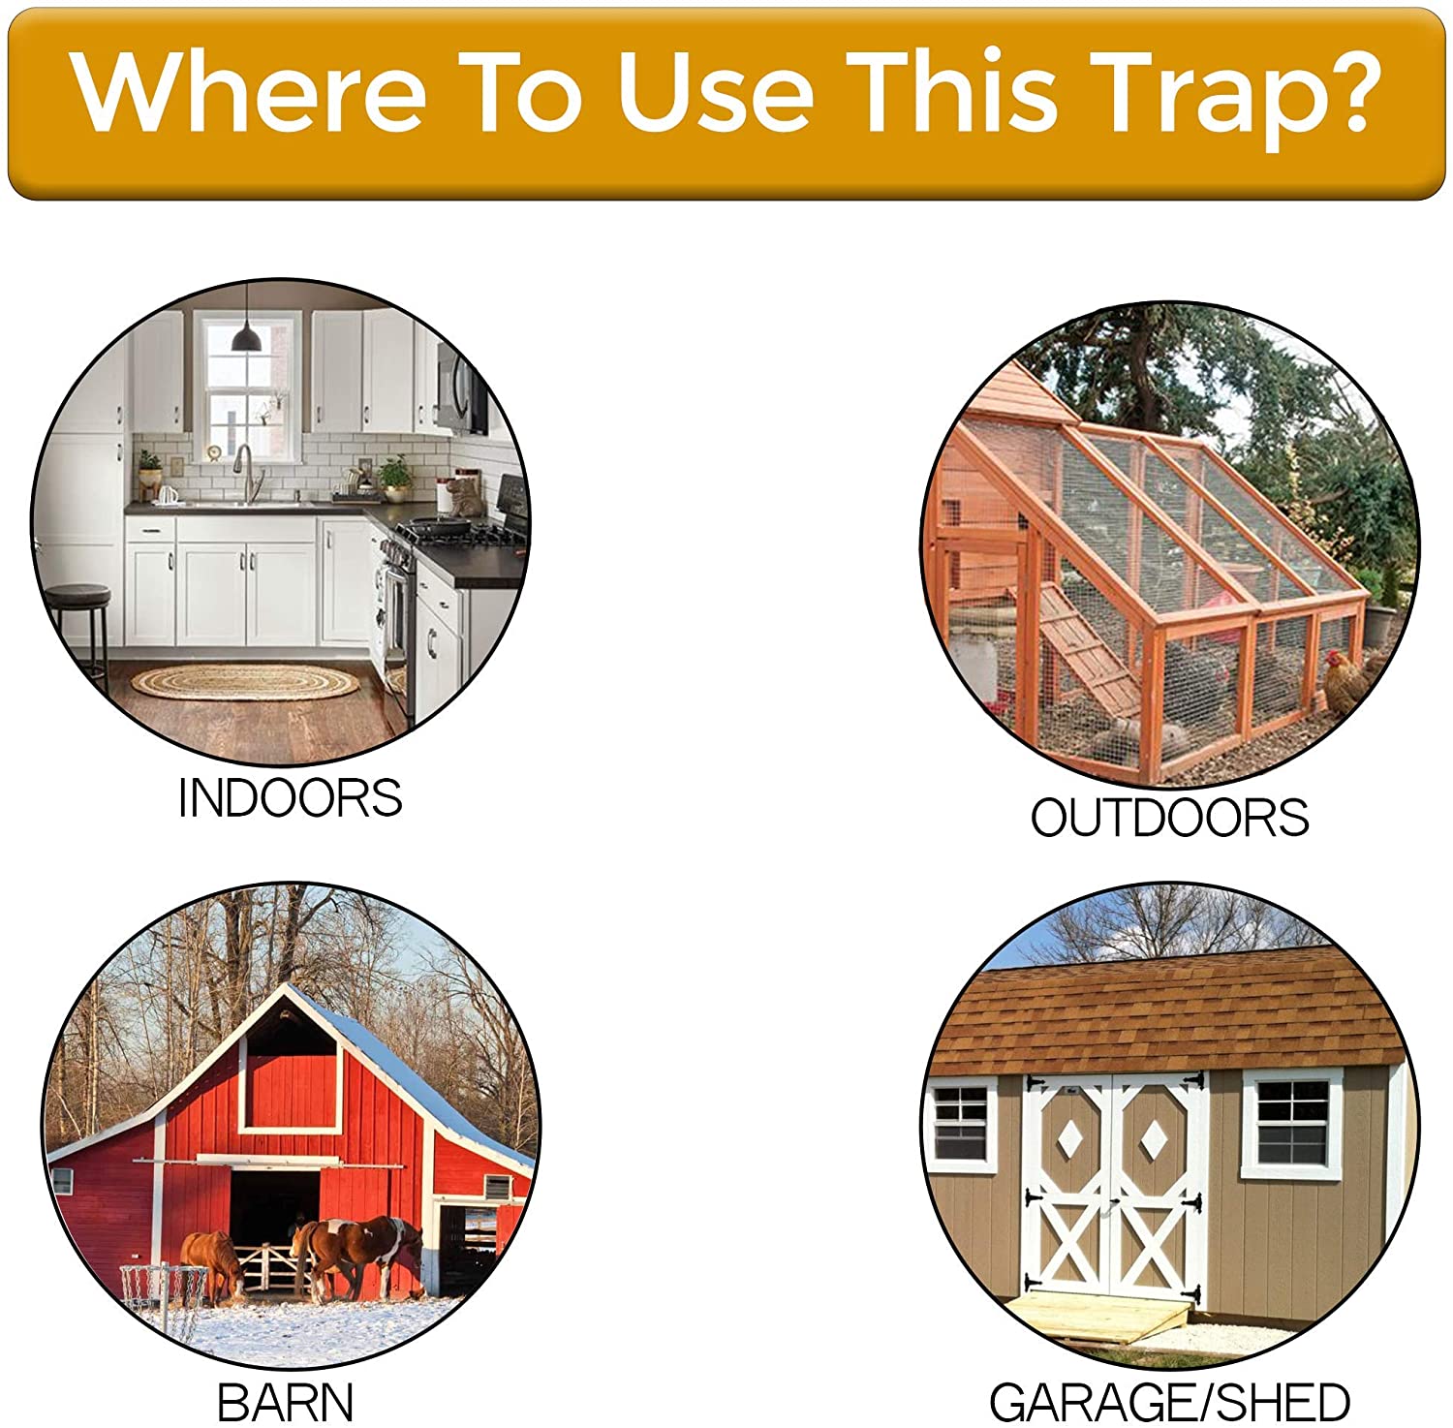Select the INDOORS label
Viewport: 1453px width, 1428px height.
coord(290,798)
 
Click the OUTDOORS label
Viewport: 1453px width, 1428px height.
coord(1169,818)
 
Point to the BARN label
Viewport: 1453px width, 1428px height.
coord(286,1402)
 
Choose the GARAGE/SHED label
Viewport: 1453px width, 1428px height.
coord(1169,1402)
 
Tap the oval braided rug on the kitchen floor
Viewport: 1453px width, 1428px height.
coord(244,682)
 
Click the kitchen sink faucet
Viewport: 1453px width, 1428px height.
coord(244,469)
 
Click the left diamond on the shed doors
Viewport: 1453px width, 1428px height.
coord(1069,1139)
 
